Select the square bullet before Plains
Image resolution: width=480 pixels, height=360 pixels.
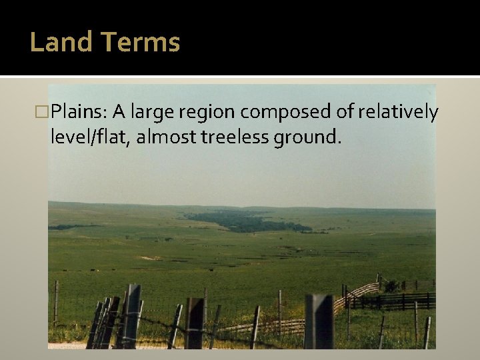tap(45, 111)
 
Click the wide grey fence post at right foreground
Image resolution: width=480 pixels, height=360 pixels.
tap(319, 321)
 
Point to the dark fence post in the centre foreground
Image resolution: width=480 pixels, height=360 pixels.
tap(195, 323)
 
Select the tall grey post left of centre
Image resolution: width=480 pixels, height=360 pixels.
tap(133, 315)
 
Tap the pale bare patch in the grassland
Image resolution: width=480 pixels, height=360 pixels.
tap(151, 257)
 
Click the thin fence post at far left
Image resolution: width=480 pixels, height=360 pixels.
tap(56, 303)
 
